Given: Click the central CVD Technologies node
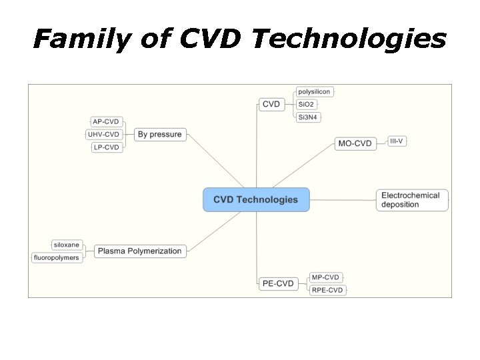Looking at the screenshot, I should click(256, 199).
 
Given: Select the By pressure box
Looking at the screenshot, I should click(159, 135).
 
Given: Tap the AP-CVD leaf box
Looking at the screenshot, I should click(106, 121).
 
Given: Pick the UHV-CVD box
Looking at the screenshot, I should click(104, 135).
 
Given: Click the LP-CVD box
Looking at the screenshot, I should click(106, 147).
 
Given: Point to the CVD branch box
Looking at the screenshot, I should click(271, 104).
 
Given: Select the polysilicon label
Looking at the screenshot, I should click(314, 91).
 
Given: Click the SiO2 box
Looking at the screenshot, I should click(306, 105).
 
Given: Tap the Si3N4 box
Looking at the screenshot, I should click(309, 117).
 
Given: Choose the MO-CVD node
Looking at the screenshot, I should click(355, 143).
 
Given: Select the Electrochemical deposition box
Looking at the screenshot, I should click(412, 200).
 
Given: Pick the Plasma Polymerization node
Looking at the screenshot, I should click(139, 251).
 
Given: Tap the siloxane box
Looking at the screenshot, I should click(67, 245).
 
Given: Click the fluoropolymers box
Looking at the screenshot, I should click(57, 257).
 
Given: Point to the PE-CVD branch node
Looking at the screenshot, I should click(278, 284).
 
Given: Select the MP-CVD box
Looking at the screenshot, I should click(325, 277).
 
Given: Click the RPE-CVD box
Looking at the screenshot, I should click(327, 290).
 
